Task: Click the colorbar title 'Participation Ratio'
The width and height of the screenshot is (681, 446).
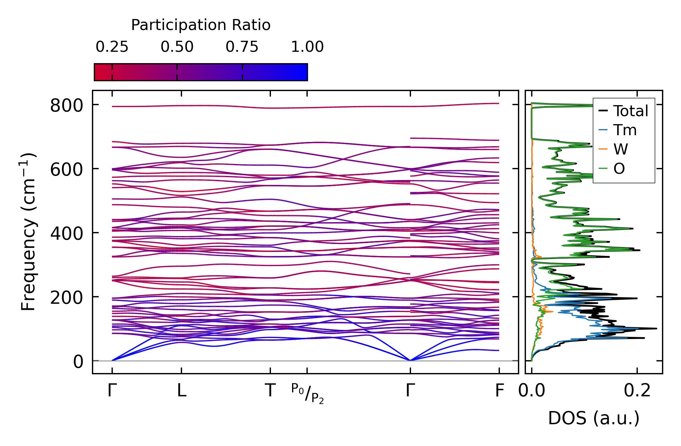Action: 201,25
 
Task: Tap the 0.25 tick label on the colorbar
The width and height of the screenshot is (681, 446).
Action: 112,47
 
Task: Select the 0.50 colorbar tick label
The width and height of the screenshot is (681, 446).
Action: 177,47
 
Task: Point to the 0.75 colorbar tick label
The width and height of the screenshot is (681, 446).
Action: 242,47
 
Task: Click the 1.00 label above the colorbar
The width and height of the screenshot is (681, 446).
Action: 307,47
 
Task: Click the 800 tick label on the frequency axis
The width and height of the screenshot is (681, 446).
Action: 67,106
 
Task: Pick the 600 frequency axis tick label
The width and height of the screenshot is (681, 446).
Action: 67,170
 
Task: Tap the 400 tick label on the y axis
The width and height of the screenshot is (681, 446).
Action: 67,234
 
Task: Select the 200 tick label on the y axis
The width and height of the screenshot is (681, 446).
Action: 67,298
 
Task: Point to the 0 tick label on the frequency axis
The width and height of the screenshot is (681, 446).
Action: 78,362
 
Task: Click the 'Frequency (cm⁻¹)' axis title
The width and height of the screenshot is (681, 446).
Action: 29,232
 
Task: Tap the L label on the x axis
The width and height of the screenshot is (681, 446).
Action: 181,391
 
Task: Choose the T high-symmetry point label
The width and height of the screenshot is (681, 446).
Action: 270,391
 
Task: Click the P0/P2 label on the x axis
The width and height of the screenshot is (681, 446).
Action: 307,393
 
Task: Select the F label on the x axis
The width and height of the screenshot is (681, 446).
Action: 499,391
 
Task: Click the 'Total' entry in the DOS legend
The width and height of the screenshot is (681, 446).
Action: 630,111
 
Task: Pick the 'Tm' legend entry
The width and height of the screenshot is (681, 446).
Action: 625,130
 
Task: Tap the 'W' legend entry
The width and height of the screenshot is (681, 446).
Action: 621,149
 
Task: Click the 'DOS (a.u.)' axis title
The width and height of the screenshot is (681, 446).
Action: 594,418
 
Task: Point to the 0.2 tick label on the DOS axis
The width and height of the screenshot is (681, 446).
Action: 637,391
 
